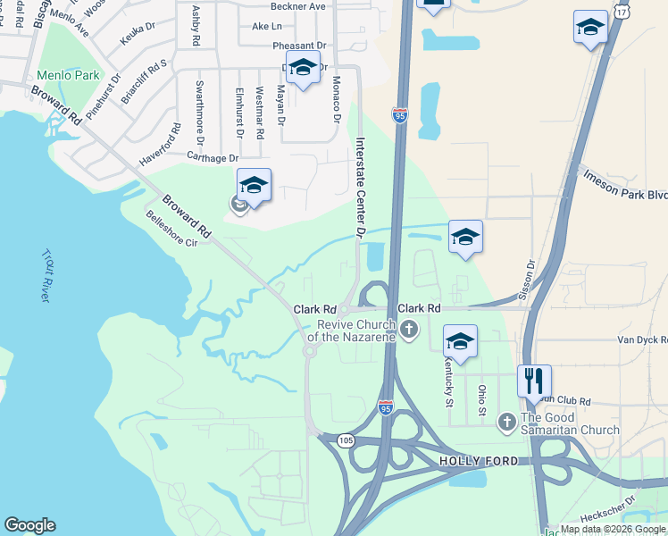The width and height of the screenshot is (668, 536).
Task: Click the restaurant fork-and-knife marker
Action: [x=534, y=381]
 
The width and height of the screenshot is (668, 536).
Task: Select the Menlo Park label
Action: [x=69, y=76]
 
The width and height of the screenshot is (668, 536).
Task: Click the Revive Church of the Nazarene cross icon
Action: [x=410, y=331]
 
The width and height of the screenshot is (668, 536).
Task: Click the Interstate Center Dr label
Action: [x=361, y=186]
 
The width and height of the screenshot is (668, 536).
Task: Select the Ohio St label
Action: [x=481, y=399]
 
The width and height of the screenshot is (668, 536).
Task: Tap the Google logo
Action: [x=30, y=525]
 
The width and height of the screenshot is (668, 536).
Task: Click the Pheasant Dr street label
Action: [x=274, y=46]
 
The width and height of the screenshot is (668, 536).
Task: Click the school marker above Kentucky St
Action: [x=460, y=342]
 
